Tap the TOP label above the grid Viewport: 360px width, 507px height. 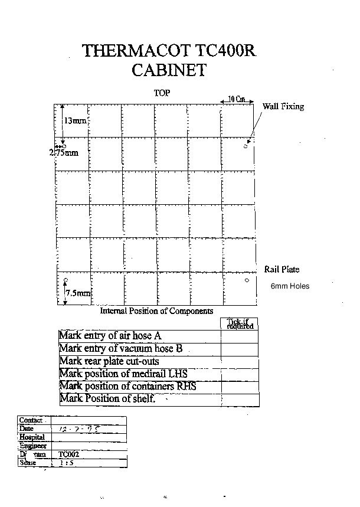click(162, 94)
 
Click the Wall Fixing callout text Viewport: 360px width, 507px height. click(283, 107)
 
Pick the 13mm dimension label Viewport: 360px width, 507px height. click(75, 120)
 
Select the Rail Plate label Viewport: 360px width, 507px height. click(282, 270)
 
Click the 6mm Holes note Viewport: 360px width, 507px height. click(290, 286)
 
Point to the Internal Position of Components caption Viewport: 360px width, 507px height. click(156, 311)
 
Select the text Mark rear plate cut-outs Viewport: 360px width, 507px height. click(109, 361)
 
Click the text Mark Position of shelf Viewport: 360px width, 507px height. click(107, 398)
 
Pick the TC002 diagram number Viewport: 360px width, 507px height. click(68, 455)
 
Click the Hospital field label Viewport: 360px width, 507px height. click(32, 437)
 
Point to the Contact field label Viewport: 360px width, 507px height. click(31, 420)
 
